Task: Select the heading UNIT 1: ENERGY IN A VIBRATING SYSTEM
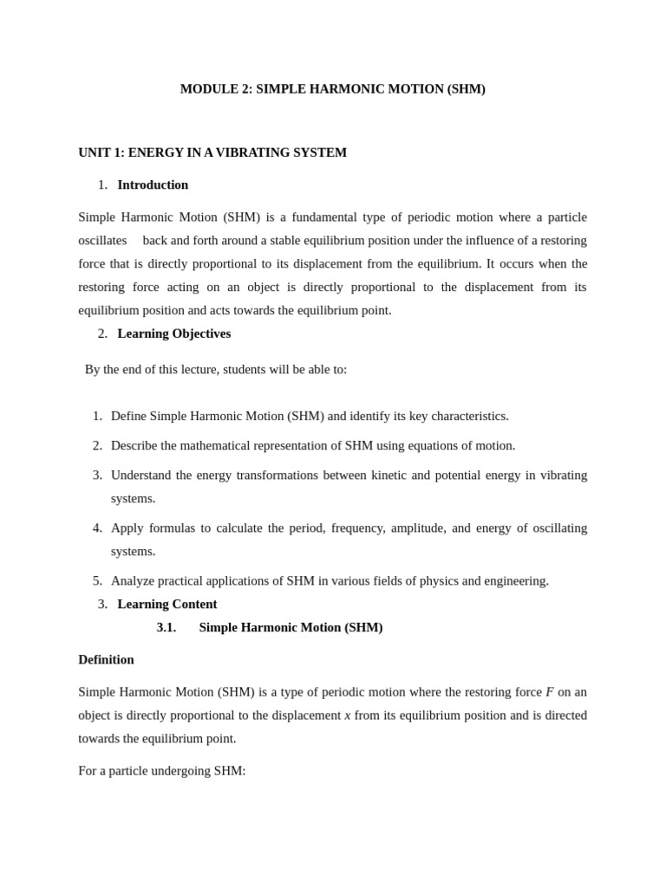coord(212,152)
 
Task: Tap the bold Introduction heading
coord(153,185)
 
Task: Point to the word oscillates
coord(102,240)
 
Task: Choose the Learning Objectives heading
coord(174,333)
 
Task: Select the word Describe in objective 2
coord(134,445)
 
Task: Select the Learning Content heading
coord(167,604)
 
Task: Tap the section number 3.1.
coord(166,627)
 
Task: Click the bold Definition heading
coord(106,659)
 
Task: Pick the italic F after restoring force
coord(549,691)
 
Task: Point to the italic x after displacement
coord(348,715)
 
